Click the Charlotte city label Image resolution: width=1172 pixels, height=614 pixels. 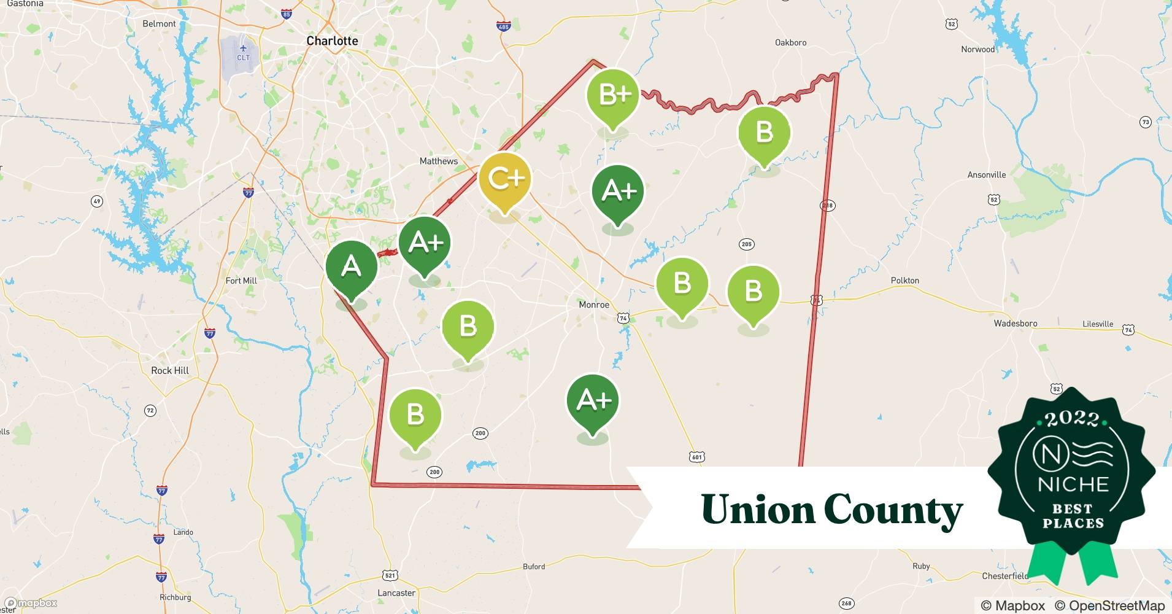pyautogui.click(x=332, y=41)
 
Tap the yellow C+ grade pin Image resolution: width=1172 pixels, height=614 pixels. pyautogui.click(x=504, y=179)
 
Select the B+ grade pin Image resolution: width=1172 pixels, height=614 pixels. pyautogui.click(x=612, y=95)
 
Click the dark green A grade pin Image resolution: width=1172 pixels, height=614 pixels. pyautogui.click(x=351, y=267)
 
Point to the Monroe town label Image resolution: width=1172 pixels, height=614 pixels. pyautogui.click(x=594, y=305)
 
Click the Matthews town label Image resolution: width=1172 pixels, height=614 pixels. pyautogui.click(x=438, y=161)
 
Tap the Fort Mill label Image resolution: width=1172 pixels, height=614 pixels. pyautogui.click(x=241, y=281)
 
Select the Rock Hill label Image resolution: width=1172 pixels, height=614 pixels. pyautogui.click(x=170, y=370)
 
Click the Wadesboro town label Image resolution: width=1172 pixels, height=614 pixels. pyautogui.click(x=1016, y=323)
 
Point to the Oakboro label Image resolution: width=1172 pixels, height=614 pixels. pyautogui.click(x=790, y=42)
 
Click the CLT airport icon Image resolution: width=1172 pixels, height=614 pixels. pyautogui.click(x=244, y=48)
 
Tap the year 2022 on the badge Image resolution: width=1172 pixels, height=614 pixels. pyautogui.click(x=1072, y=419)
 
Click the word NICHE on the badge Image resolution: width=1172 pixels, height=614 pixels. pyautogui.click(x=1073, y=484)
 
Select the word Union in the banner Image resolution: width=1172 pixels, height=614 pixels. pyautogui.click(x=757, y=510)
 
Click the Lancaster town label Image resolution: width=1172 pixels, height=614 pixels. pyautogui.click(x=396, y=593)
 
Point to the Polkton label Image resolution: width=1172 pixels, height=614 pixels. pyautogui.click(x=904, y=280)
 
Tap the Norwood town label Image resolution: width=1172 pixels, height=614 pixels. pyautogui.click(x=977, y=49)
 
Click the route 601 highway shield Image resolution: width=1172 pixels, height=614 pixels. pyautogui.click(x=696, y=457)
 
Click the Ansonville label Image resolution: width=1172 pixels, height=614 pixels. pyautogui.click(x=986, y=175)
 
